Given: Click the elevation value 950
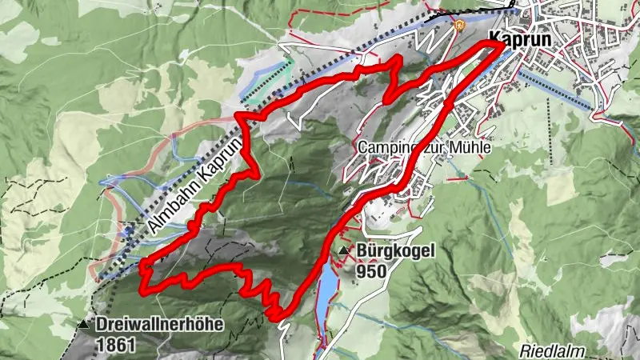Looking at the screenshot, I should pyautogui.click(x=372, y=271).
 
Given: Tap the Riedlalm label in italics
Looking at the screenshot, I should pyautogui.click(x=554, y=351).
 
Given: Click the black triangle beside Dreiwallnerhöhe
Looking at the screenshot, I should pyautogui.click(x=85, y=325).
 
